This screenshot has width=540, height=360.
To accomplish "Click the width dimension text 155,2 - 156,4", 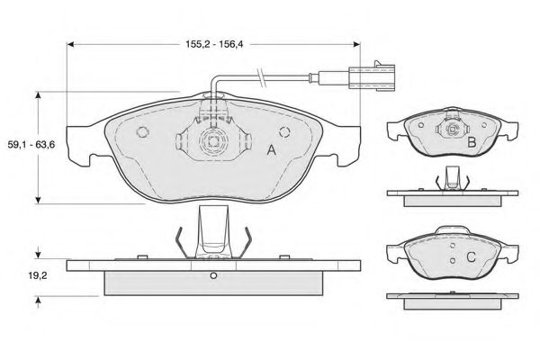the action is click(214, 44).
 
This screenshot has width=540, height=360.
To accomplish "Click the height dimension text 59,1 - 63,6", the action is click(31, 145).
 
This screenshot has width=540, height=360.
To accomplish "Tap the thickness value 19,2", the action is click(38, 275).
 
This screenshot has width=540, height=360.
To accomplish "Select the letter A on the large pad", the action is click(272, 150).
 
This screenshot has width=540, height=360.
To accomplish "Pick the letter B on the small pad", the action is click(472, 142).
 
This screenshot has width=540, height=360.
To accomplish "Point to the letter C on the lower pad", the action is click(471, 257).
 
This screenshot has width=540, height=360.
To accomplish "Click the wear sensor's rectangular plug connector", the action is click(371, 76).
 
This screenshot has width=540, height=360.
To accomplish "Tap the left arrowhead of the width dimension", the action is click(70, 44).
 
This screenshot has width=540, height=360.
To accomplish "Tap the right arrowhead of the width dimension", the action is click(356, 44).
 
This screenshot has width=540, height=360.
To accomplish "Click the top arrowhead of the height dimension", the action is click(38, 95).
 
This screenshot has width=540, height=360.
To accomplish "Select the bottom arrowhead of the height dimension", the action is click(38, 200).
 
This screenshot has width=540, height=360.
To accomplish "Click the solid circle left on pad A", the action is click(142, 131).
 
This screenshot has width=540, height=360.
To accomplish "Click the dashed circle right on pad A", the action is click(284, 131).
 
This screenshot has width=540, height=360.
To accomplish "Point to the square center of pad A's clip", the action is click(213, 141).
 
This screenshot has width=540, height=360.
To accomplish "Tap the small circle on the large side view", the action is click(213, 275).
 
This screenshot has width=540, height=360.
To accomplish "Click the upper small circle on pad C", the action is click(453, 246).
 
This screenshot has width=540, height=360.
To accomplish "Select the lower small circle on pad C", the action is click(453, 261).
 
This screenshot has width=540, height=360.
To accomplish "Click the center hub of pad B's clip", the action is click(452, 130).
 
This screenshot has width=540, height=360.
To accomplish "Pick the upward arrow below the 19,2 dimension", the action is click(38, 302).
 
